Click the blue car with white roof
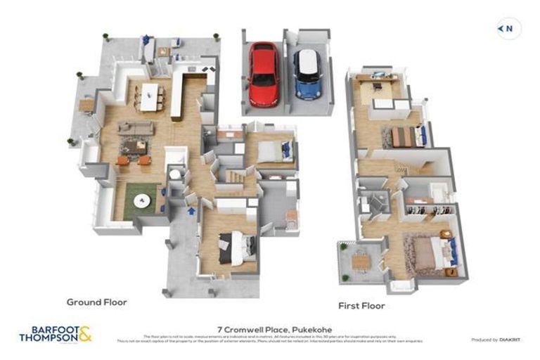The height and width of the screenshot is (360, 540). (x=307, y=75)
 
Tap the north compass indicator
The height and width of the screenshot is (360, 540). (x=508, y=29)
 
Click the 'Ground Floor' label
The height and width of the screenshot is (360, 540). (x=96, y=302)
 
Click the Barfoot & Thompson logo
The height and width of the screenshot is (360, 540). (x=55, y=334)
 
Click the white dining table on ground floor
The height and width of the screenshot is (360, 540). (x=150, y=97)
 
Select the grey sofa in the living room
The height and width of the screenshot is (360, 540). (x=135, y=128)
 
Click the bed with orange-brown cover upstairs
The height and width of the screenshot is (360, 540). (x=405, y=136)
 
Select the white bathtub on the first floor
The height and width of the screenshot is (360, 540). (x=439, y=191)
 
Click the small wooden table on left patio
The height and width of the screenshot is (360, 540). (x=86, y=105)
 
